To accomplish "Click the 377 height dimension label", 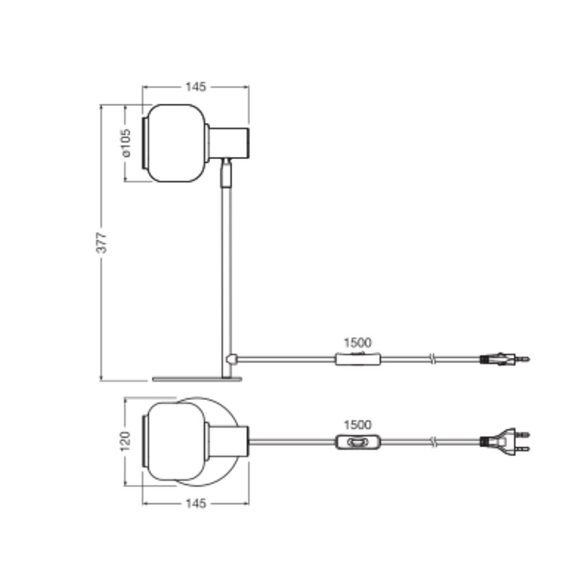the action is [x=101, y=242].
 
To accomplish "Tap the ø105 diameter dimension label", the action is [x=126, y=143].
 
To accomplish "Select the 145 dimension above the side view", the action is [x=195, y=87].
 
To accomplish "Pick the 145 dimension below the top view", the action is [x=195, y=503].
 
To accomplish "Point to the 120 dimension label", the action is [x=125, y=441].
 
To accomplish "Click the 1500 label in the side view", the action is [x=357, y=343].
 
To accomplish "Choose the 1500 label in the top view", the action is [x=357, y=425].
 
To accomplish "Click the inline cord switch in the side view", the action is [x=358, y=359].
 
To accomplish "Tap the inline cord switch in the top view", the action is [x=358, y=442].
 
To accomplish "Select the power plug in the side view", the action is [x=505, y=359].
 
